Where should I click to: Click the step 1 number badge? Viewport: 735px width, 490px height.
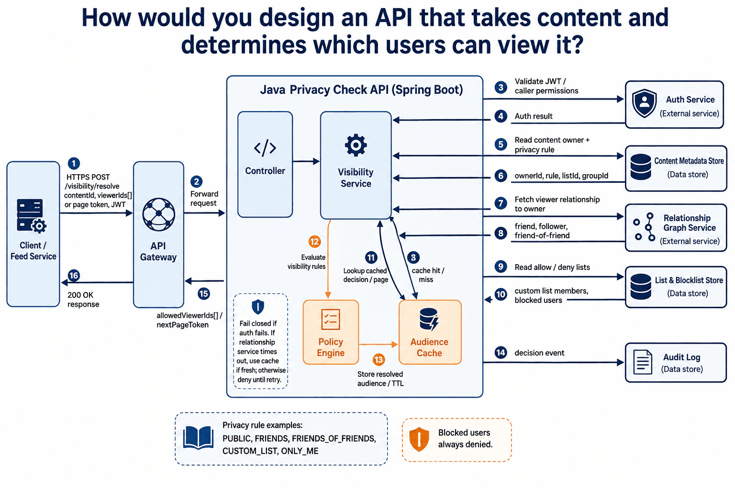pos(74,164)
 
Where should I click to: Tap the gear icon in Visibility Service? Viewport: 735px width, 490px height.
pos(356,145)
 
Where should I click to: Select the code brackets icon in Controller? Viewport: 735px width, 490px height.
pos(265,148)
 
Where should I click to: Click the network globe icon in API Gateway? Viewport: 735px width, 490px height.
pos(159,214)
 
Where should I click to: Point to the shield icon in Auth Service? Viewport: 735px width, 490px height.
pos(645,103)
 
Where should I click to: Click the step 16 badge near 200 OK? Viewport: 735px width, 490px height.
pos(74,275)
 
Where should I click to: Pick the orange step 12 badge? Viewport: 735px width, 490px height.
pos(314,242)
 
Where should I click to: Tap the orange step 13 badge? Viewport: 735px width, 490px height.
pos(379,360)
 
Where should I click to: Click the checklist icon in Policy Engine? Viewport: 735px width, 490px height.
pos(331,319)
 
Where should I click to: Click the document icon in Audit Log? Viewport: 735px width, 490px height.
pos(643,362)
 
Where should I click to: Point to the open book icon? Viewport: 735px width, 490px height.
pos(198,438)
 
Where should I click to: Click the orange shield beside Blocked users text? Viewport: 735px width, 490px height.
pos(419,439)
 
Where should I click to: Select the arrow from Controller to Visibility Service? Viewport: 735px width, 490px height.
pos(306,161)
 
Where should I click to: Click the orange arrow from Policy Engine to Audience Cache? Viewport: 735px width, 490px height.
pos(379,344)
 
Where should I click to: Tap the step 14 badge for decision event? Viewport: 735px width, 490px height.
pos(501,353)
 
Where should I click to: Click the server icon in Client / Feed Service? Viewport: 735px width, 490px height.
pos(32,216)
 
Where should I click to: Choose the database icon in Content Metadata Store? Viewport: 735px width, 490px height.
pos(641,167)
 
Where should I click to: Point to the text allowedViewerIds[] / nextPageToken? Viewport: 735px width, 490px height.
pos(189,320)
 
